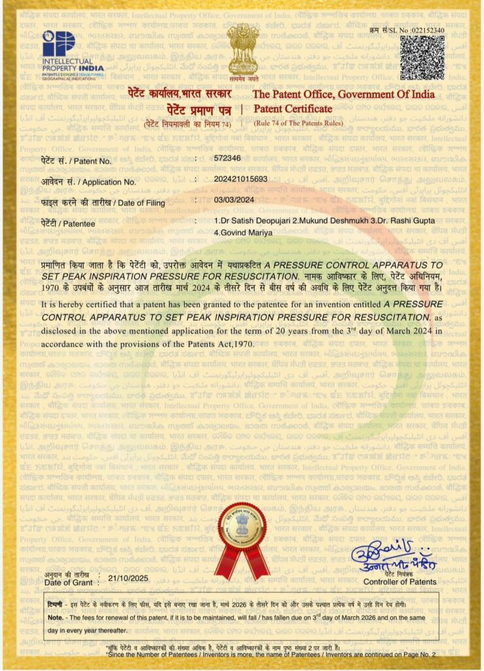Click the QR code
click(422, 58)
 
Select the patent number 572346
click(227, 159)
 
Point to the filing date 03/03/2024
click(234, 199)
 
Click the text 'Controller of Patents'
click(400, 581)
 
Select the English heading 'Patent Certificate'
click(287, 108)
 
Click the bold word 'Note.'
click(56, 618)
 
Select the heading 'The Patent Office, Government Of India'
click(343, 94)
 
